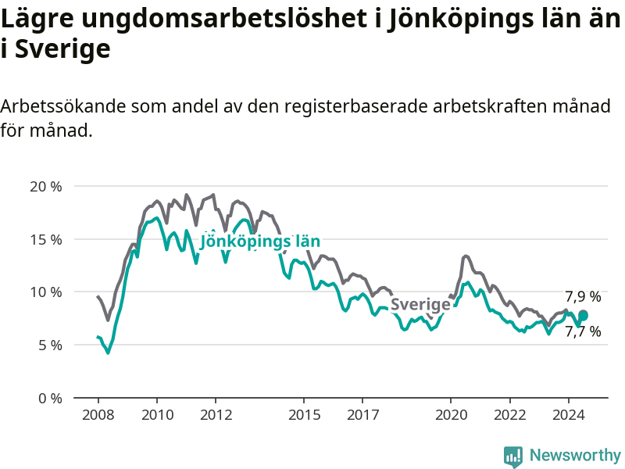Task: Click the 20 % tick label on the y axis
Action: [46, 187]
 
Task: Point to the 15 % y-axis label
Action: [46, 240]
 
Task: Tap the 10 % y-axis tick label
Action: [46, 292]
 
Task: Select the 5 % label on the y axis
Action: [50, 345]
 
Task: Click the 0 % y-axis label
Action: [50, 399]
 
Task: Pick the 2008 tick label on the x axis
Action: [98, 415]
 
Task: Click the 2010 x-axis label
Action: [157, 415]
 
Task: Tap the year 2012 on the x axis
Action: [216, 415]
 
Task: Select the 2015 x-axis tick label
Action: [304, 415]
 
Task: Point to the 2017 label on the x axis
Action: [362, 415]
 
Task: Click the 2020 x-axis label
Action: [451, 415]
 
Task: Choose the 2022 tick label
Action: [510, 415]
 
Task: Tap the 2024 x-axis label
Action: [569, 415]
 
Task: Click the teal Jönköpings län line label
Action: [260, 242]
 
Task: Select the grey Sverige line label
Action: [420, 305]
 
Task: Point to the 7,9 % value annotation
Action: [583, 297]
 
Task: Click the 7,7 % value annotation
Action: [583, 331]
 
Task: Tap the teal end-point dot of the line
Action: [583, 316]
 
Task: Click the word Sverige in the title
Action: [62, 49]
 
